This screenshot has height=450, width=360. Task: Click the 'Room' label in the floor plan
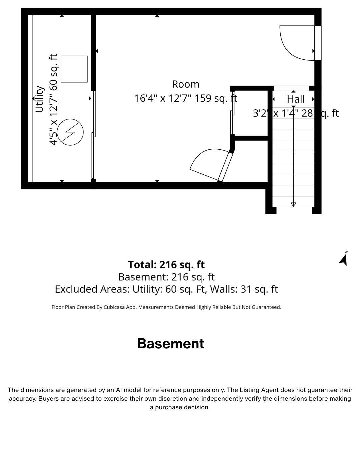click(x=185, y=84)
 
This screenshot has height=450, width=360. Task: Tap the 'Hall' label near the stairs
click(x=295, y=99)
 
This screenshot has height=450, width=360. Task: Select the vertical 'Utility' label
click(x=39, y=99)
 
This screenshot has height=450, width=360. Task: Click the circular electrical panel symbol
click(x=70, y=132)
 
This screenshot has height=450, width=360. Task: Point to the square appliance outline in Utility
click(x=74, y=69)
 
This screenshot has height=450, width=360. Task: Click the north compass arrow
click(x=344, y=260)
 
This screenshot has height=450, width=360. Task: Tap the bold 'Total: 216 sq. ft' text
click(x=166, y=265)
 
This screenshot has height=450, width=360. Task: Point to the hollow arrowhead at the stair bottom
click(x=293, y=205)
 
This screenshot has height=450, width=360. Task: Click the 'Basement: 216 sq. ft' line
click(x=166, y=277)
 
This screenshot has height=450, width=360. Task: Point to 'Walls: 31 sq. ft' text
click(x=244, y=289)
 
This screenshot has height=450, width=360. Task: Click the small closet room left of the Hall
click(x=251, y=113)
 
